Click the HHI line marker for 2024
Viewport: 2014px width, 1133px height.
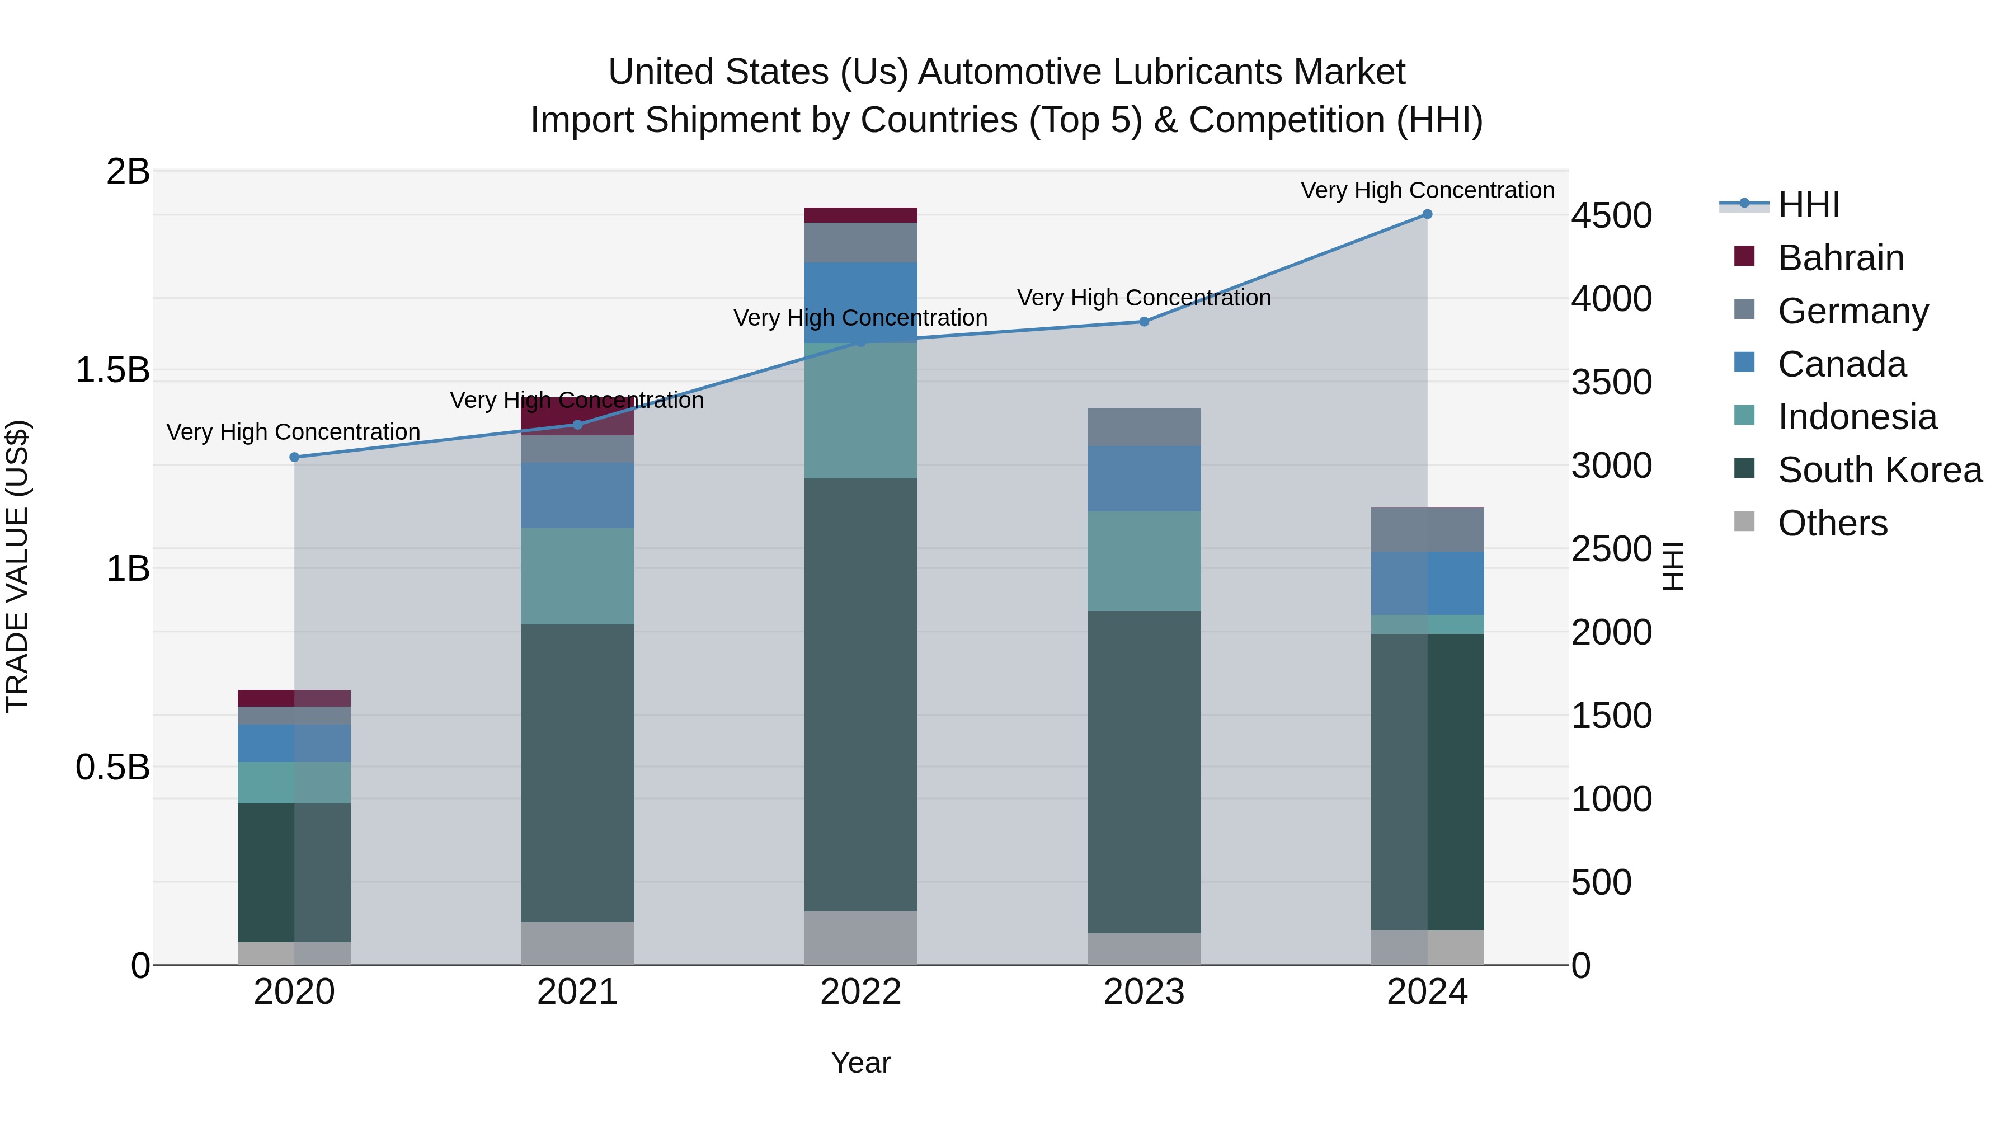pos(1427,214)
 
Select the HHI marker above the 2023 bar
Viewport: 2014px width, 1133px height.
pos(1144,321)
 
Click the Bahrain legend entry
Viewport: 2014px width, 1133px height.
pos(1841,258)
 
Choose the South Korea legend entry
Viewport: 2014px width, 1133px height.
pos(1880,470)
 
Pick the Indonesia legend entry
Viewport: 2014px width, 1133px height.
pos(1857,417)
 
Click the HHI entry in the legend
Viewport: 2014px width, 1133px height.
pos(1808,205)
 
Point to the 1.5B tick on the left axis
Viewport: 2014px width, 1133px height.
pos(112,370)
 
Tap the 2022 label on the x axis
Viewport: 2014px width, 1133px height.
pos(861,992)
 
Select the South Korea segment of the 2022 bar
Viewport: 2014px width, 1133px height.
pos(861,694)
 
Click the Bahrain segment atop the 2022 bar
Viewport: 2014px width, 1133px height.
pos(861,215)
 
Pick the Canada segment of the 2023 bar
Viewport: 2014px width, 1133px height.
pos(1144,478)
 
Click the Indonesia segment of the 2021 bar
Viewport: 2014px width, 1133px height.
pos(578,576)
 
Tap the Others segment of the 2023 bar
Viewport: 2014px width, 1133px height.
pos(1144,948)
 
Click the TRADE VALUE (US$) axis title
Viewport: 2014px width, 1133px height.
pos(17,566)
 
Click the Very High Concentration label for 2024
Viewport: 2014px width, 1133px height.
pos(1427,190)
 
